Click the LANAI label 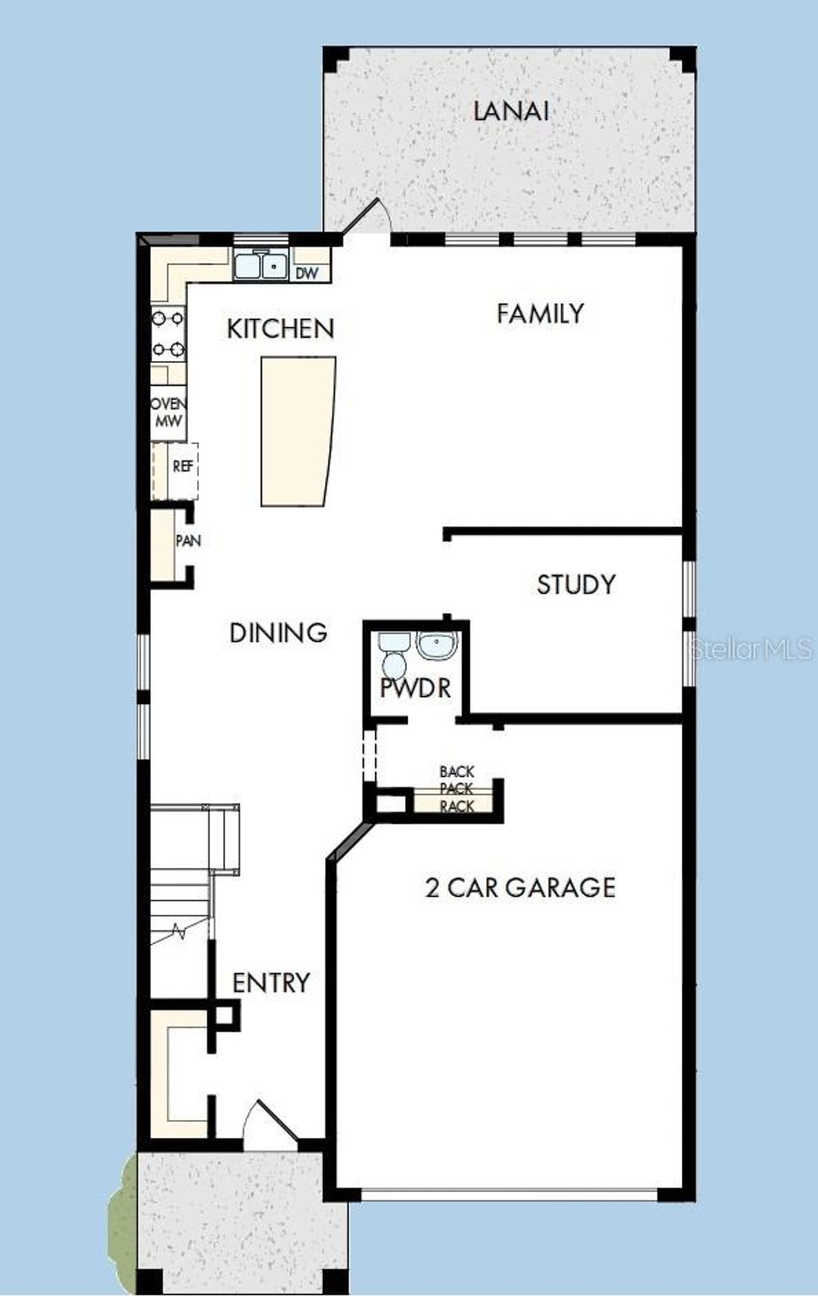(511, 111)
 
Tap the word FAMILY (540, 313)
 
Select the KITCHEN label (280, 328)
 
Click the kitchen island (297, 431)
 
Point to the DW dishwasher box (308, 273)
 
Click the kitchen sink (261, 264)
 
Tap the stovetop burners (169, 333)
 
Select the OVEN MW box (169, 413)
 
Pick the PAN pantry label (188, 541)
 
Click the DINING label (278, 633)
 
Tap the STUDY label (576, 585)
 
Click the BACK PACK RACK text (457, 789)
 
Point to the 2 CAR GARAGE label (520, 888)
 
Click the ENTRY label (271, 983)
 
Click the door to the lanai (367, 217)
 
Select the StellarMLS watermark (752, 649)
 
